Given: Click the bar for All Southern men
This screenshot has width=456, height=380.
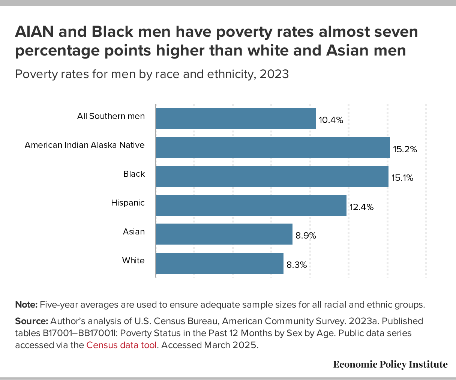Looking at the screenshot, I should [235, 119].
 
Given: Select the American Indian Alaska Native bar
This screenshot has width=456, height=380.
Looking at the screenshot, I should [273, 147].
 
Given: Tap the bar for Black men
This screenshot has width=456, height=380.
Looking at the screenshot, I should [272, 176].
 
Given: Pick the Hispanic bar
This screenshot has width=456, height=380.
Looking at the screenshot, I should [251, 205].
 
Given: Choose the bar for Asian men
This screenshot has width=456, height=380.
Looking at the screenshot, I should [224, 234].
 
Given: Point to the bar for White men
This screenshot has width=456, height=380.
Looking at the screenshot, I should [219, 263].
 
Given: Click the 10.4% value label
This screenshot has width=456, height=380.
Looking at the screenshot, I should [331, 120].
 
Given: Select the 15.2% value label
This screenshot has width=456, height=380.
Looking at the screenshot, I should [405, 149].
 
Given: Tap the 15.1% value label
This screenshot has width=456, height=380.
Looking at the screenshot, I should [402, 178].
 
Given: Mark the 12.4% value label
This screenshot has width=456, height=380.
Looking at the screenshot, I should [361, 207].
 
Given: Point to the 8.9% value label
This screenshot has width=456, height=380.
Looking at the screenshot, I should [306, 236].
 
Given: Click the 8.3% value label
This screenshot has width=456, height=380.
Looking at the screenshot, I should [297, 265].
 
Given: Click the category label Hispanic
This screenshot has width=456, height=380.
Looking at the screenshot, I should [128, 203].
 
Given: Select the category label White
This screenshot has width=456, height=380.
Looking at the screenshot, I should [133, 261].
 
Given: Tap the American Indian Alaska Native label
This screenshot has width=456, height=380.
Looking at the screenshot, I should [85, 145].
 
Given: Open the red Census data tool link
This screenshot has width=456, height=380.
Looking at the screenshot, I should [121, 345].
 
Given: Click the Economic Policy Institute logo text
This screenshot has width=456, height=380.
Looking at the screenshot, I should [390, 364].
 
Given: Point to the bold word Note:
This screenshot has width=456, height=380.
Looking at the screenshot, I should [26, 305].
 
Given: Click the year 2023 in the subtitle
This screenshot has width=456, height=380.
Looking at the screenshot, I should [274, 74].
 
